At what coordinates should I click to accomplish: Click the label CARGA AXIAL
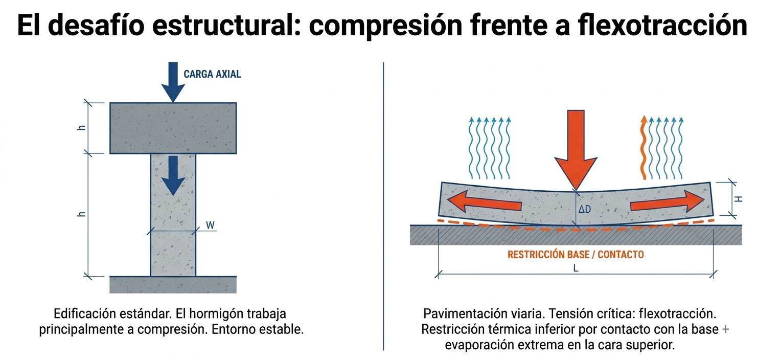212,74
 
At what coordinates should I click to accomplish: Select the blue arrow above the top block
173,82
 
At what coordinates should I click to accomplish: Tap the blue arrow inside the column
173,175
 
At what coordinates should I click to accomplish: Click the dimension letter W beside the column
210,225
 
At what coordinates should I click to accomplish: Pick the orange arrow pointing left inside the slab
484,201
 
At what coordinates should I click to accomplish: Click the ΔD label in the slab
584,209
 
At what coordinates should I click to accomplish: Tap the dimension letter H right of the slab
739,199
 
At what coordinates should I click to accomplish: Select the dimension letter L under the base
576,268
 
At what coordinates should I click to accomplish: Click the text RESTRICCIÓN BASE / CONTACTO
576,254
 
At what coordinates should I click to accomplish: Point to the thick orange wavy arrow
644,148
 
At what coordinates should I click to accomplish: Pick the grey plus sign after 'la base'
725,329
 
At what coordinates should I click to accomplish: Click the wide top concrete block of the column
173,128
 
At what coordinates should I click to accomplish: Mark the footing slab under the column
173,284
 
